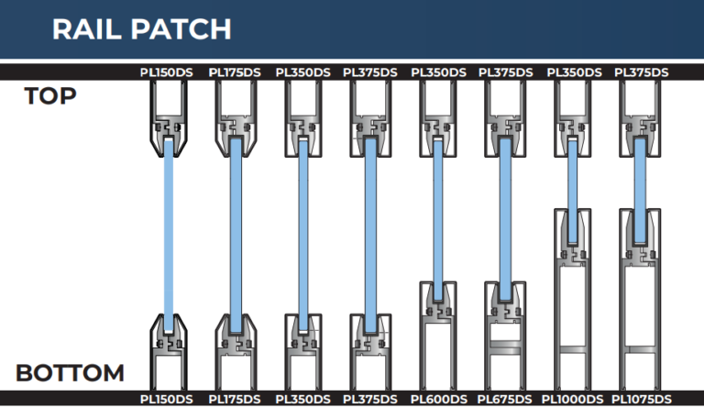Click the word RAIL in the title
tap(87, 29)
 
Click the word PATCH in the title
tap(181, 29)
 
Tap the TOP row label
tap(50, 95)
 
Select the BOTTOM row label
tap(70, 373)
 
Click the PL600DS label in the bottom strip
tap(439, 399)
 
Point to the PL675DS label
tap(505, 399)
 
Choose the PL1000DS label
tap(572, 399)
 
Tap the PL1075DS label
tap(642, 399)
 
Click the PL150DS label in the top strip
tap(166, 72)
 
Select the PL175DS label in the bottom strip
tap(235, 399)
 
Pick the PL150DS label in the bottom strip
tap(166, 399)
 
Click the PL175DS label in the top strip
tap(235, 72)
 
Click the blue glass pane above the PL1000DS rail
tap(572, 191)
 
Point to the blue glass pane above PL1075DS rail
tap(640, 190)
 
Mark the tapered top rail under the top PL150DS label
tap(169, 120)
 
